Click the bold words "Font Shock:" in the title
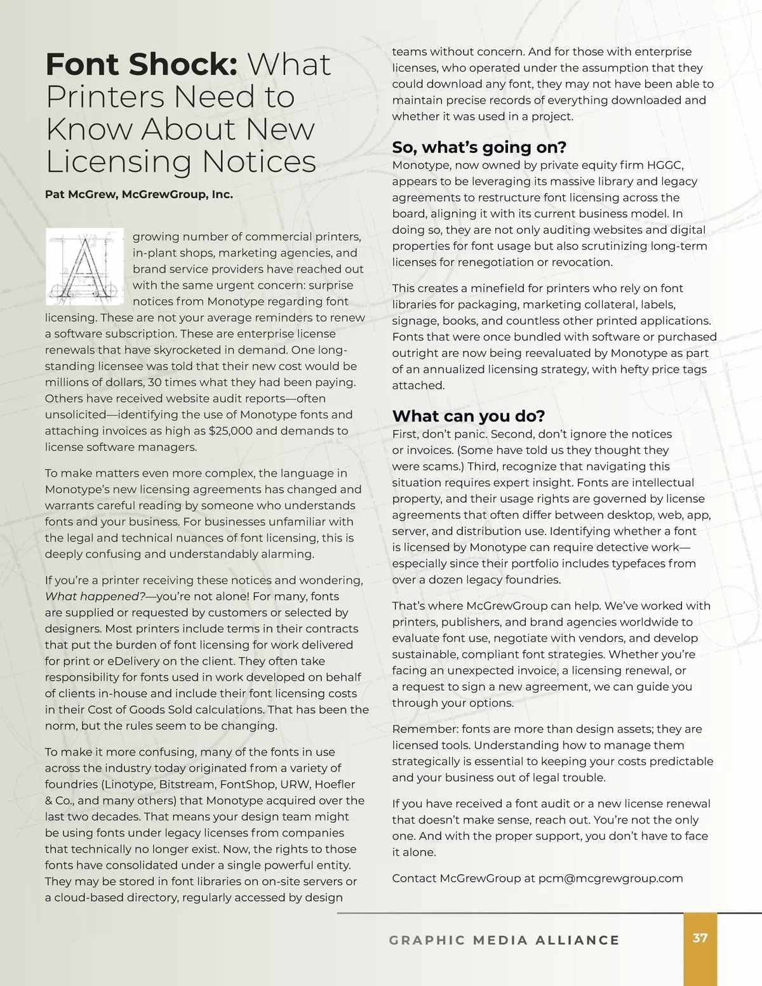[141, 65]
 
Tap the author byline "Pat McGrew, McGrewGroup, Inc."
[139, 194]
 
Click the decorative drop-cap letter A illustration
[84, 266]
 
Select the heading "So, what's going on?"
[479, 147]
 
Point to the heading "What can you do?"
[469, 416]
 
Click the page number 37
[700, 938]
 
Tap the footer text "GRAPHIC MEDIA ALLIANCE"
[504, 940]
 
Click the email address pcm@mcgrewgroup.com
[610, 878]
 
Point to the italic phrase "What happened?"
[95, 596]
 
